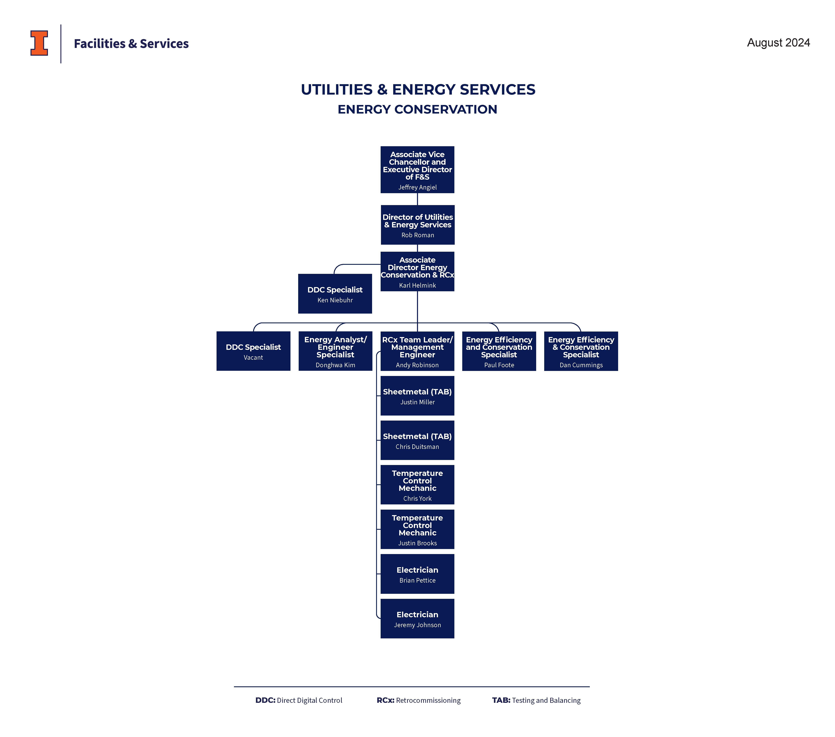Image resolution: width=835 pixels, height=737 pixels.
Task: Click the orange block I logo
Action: (39, 43)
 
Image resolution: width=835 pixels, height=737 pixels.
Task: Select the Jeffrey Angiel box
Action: (417, 170)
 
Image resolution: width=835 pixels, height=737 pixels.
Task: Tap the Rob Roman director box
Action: (418, 225)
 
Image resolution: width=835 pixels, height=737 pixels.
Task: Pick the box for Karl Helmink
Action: (417, 271)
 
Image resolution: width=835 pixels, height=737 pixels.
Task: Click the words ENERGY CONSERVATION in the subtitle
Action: (417, 109)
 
